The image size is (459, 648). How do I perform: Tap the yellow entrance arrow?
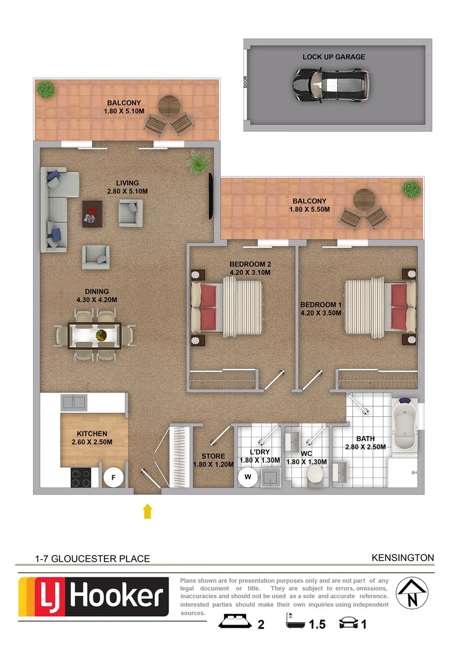pos(148,511)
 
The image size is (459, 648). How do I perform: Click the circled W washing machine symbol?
pos(247,478)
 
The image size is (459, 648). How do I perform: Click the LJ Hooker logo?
pos(94,597)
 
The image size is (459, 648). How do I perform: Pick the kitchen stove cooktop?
pos(82,478)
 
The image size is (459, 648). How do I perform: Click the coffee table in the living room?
pos(92,212)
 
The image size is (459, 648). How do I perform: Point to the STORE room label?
pos(213,456)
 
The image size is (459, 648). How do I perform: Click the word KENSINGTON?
pos(403,557)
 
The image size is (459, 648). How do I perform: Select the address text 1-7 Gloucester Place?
pos(92,559)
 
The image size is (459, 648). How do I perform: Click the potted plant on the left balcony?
pos(45,89)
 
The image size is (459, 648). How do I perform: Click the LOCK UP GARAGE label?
pos(334,57)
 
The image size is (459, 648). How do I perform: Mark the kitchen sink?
pos(75,401)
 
